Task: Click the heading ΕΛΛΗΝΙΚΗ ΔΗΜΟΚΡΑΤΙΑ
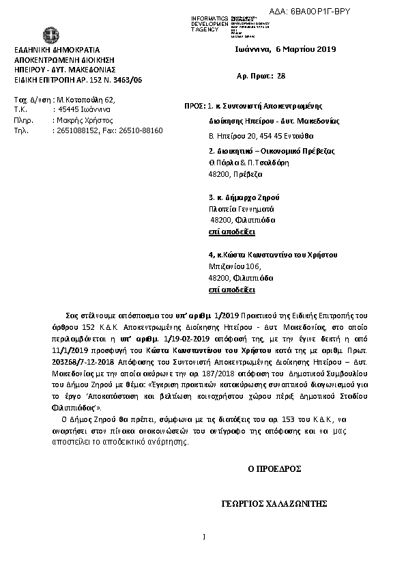pos(57,51)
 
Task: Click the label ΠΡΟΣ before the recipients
pos(194,107)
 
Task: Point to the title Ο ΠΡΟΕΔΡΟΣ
pos(274,469)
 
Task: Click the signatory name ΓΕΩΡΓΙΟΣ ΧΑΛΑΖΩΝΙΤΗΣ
pos(275,504)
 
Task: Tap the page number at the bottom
pos(204,535)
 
